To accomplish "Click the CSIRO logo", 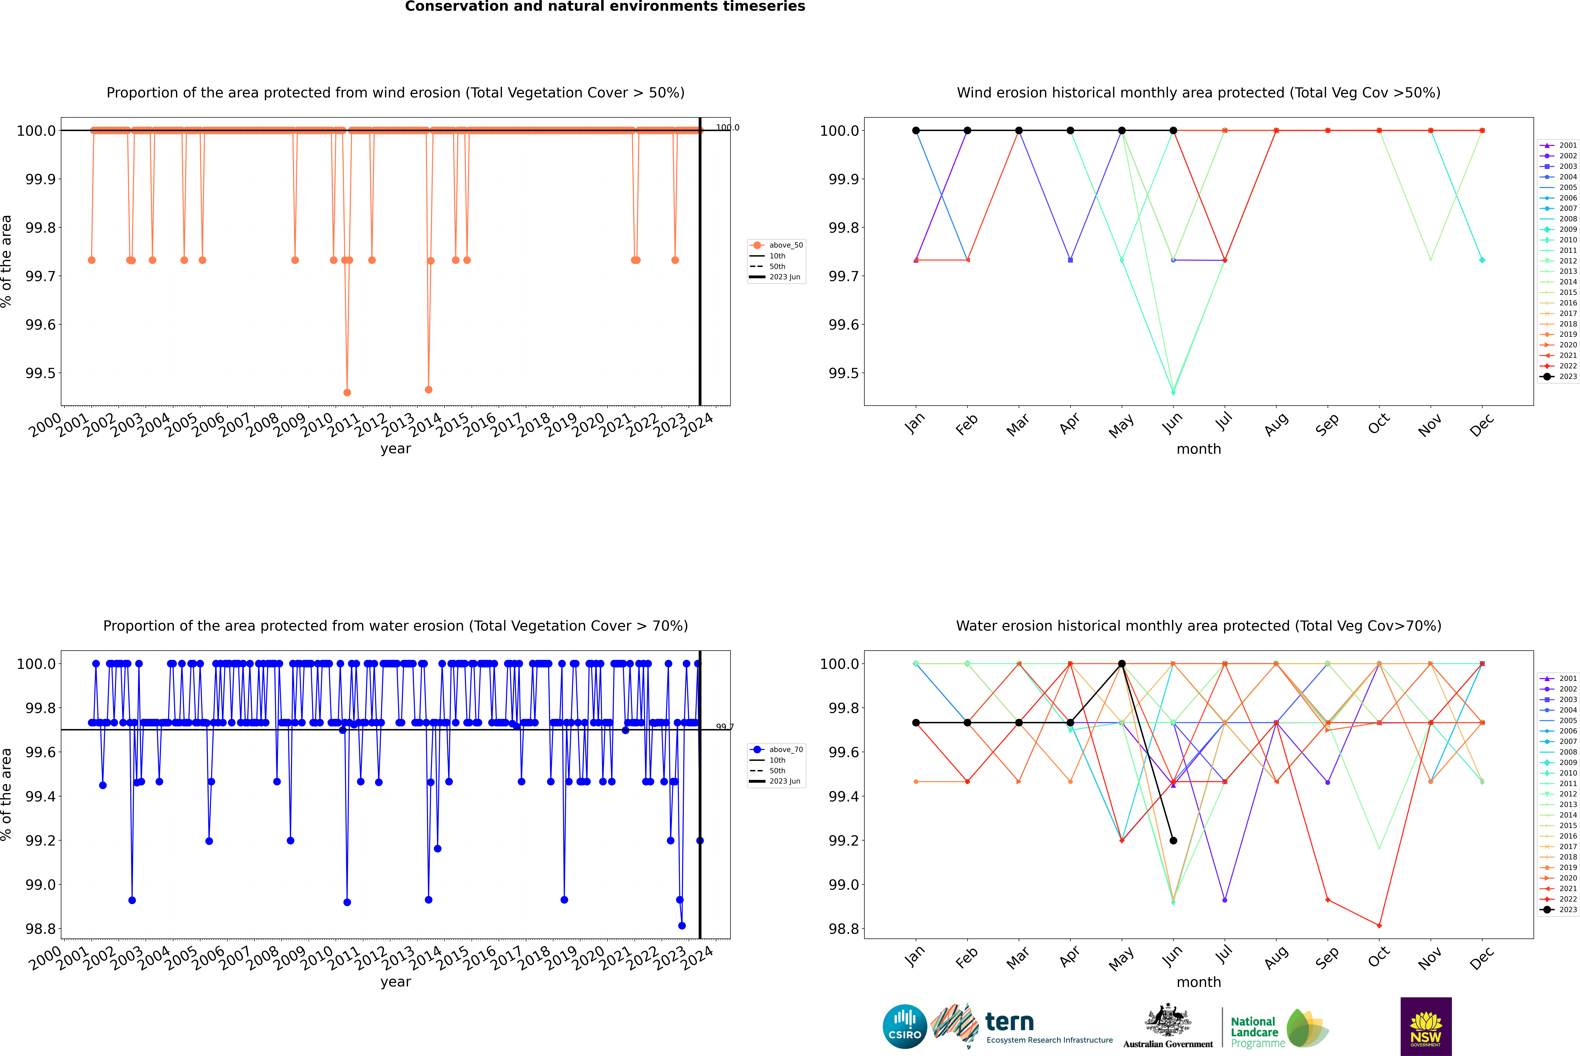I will [905, 1026].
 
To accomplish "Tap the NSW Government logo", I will [1426, 1026].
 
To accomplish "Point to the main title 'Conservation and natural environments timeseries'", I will [605, 7].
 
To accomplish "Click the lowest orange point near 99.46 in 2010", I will [347, 393].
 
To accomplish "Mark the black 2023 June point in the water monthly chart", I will [1173, 841].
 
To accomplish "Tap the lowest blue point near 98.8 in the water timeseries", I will [682, 926].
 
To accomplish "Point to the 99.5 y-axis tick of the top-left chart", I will [40, 373].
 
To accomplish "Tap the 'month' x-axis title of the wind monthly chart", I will [1198, 449].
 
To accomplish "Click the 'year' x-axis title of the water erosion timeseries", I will [395, 982].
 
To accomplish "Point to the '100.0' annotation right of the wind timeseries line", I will [727, 127].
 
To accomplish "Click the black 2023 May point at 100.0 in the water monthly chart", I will [1121, 664].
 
